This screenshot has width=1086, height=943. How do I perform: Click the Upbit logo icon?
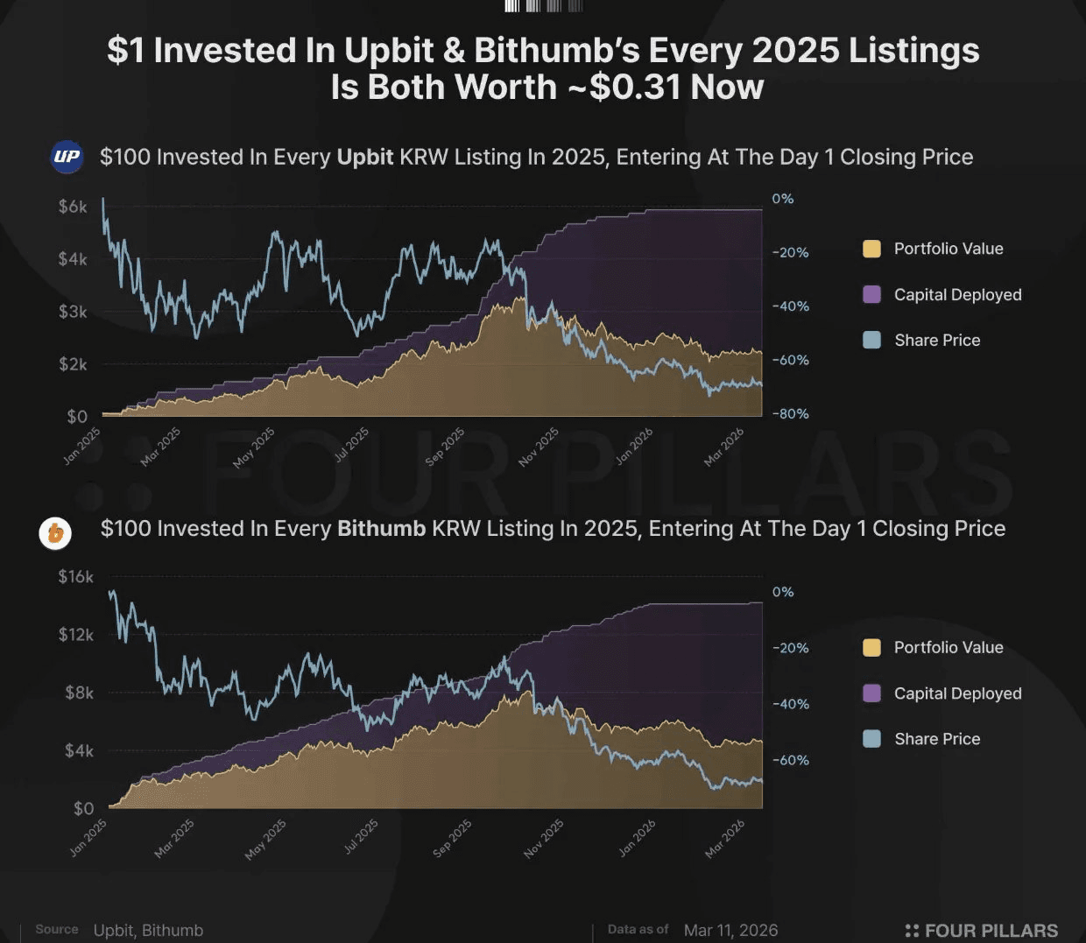click(x=67, y=157)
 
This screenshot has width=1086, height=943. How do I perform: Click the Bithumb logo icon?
click(x=55, y=532)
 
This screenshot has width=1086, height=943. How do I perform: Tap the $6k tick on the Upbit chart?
click(x=73, y=207)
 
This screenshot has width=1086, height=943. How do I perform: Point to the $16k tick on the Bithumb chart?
click(x=75, y=576)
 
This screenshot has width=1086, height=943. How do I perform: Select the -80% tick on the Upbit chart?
click(x=790, y=414)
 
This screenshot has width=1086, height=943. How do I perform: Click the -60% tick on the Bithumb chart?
click(x=790, y=760)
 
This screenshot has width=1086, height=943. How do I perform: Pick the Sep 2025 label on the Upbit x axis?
click(x=445, y=447)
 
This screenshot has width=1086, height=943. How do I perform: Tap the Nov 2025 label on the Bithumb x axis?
click(x=544, y=838)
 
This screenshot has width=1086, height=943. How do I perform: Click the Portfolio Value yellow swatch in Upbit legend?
click(x=871, y=249)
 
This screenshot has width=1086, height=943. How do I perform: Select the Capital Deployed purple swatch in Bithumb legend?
click(x=871, y=693)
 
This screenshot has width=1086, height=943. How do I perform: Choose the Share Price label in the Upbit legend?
click(x=937, y=341)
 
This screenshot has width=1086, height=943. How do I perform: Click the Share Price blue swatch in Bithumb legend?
click(x=871, y=739)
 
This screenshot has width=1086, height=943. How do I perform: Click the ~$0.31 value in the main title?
click(x=624, y=88)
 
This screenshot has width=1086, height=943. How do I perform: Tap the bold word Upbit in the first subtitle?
click(x=365, y=158)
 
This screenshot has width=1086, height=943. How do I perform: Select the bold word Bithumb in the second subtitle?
click(x=381, y=529)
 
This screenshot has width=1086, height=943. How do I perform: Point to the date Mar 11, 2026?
click(x=730, y=930)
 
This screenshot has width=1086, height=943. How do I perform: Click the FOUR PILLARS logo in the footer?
click(x=981, y=930)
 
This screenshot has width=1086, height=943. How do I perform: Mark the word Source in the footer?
click(x=57, y=929)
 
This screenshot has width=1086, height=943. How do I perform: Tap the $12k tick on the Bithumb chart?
click(x=75, y=634)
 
